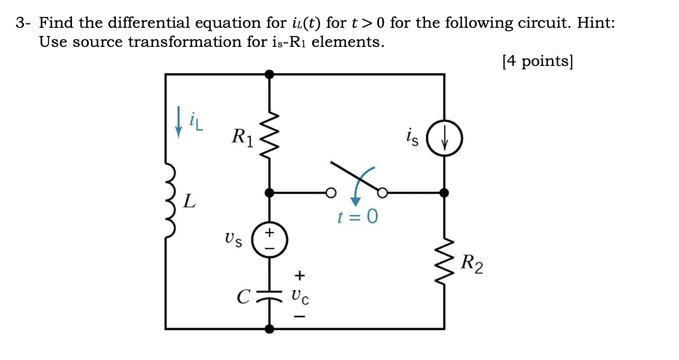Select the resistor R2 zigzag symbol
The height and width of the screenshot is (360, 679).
[x=444, y=262]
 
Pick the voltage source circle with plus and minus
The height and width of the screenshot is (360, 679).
[x=270, y=239]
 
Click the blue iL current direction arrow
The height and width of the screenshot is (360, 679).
[x=178, y=122]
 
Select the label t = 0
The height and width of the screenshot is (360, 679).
[x=357, y=216]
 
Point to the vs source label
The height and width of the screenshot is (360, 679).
[x=233, y=239]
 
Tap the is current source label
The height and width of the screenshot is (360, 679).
[x=412, y=138]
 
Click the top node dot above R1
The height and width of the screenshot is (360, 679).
[x=270, y=74]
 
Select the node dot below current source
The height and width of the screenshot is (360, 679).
[x=444, y=193]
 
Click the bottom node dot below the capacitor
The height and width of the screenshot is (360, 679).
[x=270, y=329]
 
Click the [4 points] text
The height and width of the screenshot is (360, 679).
[x=538, y=61]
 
